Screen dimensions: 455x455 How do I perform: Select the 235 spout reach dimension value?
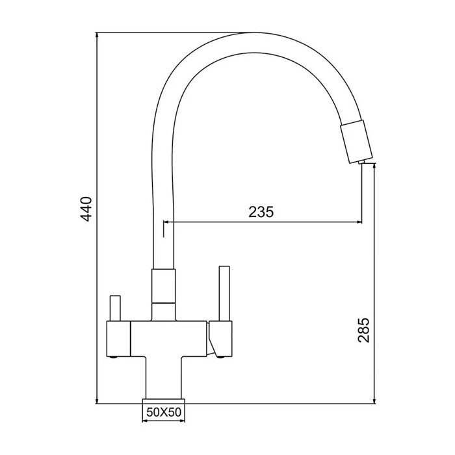261,211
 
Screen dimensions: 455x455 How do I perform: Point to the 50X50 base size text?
164,411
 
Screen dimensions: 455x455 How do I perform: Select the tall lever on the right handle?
225,292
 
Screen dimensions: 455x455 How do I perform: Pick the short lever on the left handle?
115,309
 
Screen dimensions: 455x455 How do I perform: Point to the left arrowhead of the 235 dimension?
166,223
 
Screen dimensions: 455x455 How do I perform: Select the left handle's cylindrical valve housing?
117,339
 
